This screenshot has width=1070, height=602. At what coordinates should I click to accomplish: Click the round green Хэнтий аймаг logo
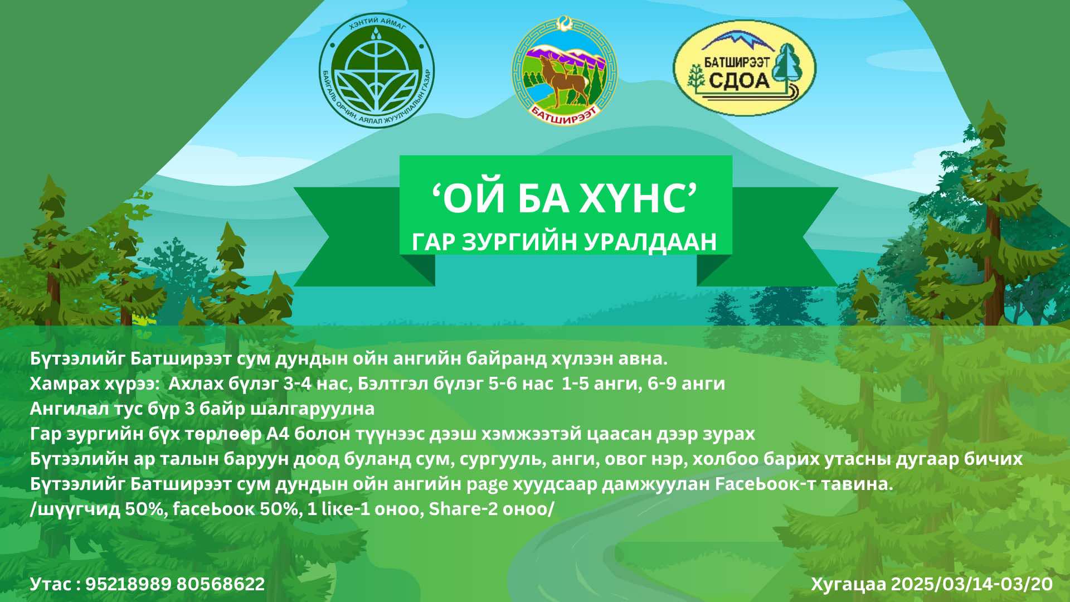coord(376,72)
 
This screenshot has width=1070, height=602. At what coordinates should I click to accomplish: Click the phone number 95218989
coord(128,584)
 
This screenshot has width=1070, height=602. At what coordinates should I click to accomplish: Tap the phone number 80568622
coord(221,584)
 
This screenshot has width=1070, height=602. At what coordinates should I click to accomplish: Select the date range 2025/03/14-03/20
coord(972,584)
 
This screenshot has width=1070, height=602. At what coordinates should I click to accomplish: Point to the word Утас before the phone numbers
coord(51,584)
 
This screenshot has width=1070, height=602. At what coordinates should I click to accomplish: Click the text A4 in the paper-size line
coord(278,434)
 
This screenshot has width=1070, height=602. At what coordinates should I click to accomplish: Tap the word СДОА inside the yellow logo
coord(739,81)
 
